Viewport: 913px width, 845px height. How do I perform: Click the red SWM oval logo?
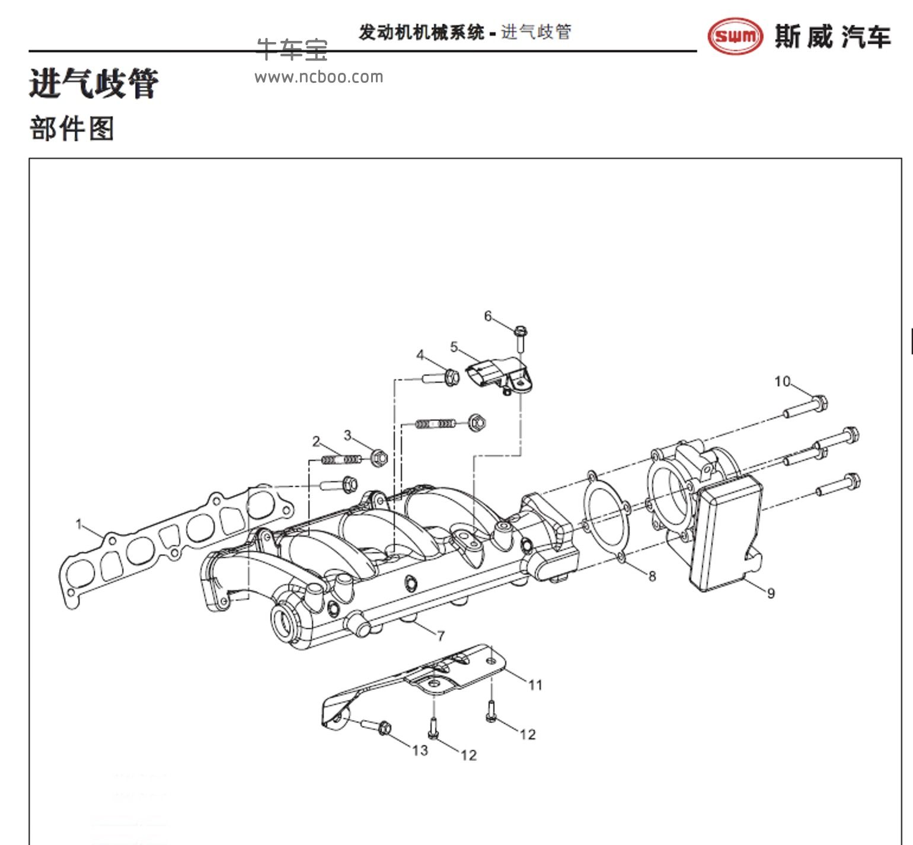[735, 36]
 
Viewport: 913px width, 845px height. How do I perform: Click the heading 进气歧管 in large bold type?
[94, 83]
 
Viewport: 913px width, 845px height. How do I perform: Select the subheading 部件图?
[72, 129]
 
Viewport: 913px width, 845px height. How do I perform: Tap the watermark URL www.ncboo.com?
[319, 77]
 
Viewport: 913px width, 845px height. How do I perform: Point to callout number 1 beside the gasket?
[79, 524]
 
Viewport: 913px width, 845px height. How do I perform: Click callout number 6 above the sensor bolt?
[488, 316]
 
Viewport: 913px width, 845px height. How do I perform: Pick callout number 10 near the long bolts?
[782, 382]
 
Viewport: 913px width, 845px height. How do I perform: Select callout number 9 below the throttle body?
[771, 593]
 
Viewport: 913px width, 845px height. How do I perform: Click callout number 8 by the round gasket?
[652, 576]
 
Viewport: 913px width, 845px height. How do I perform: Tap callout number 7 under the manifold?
[440, 636]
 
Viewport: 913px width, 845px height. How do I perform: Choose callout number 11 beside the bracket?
[535, 685]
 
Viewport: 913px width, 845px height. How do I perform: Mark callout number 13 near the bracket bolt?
[420, 751]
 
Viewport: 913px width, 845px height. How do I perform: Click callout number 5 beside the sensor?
[454, 347]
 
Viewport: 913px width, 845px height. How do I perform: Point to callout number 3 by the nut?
[348, 436]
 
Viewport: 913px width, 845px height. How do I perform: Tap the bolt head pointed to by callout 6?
[521, 332]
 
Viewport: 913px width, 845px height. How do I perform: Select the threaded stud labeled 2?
[341, 459]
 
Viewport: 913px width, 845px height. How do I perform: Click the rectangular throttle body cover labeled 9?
[726, 533]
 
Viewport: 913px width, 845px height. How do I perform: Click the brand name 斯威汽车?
[832, 37]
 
